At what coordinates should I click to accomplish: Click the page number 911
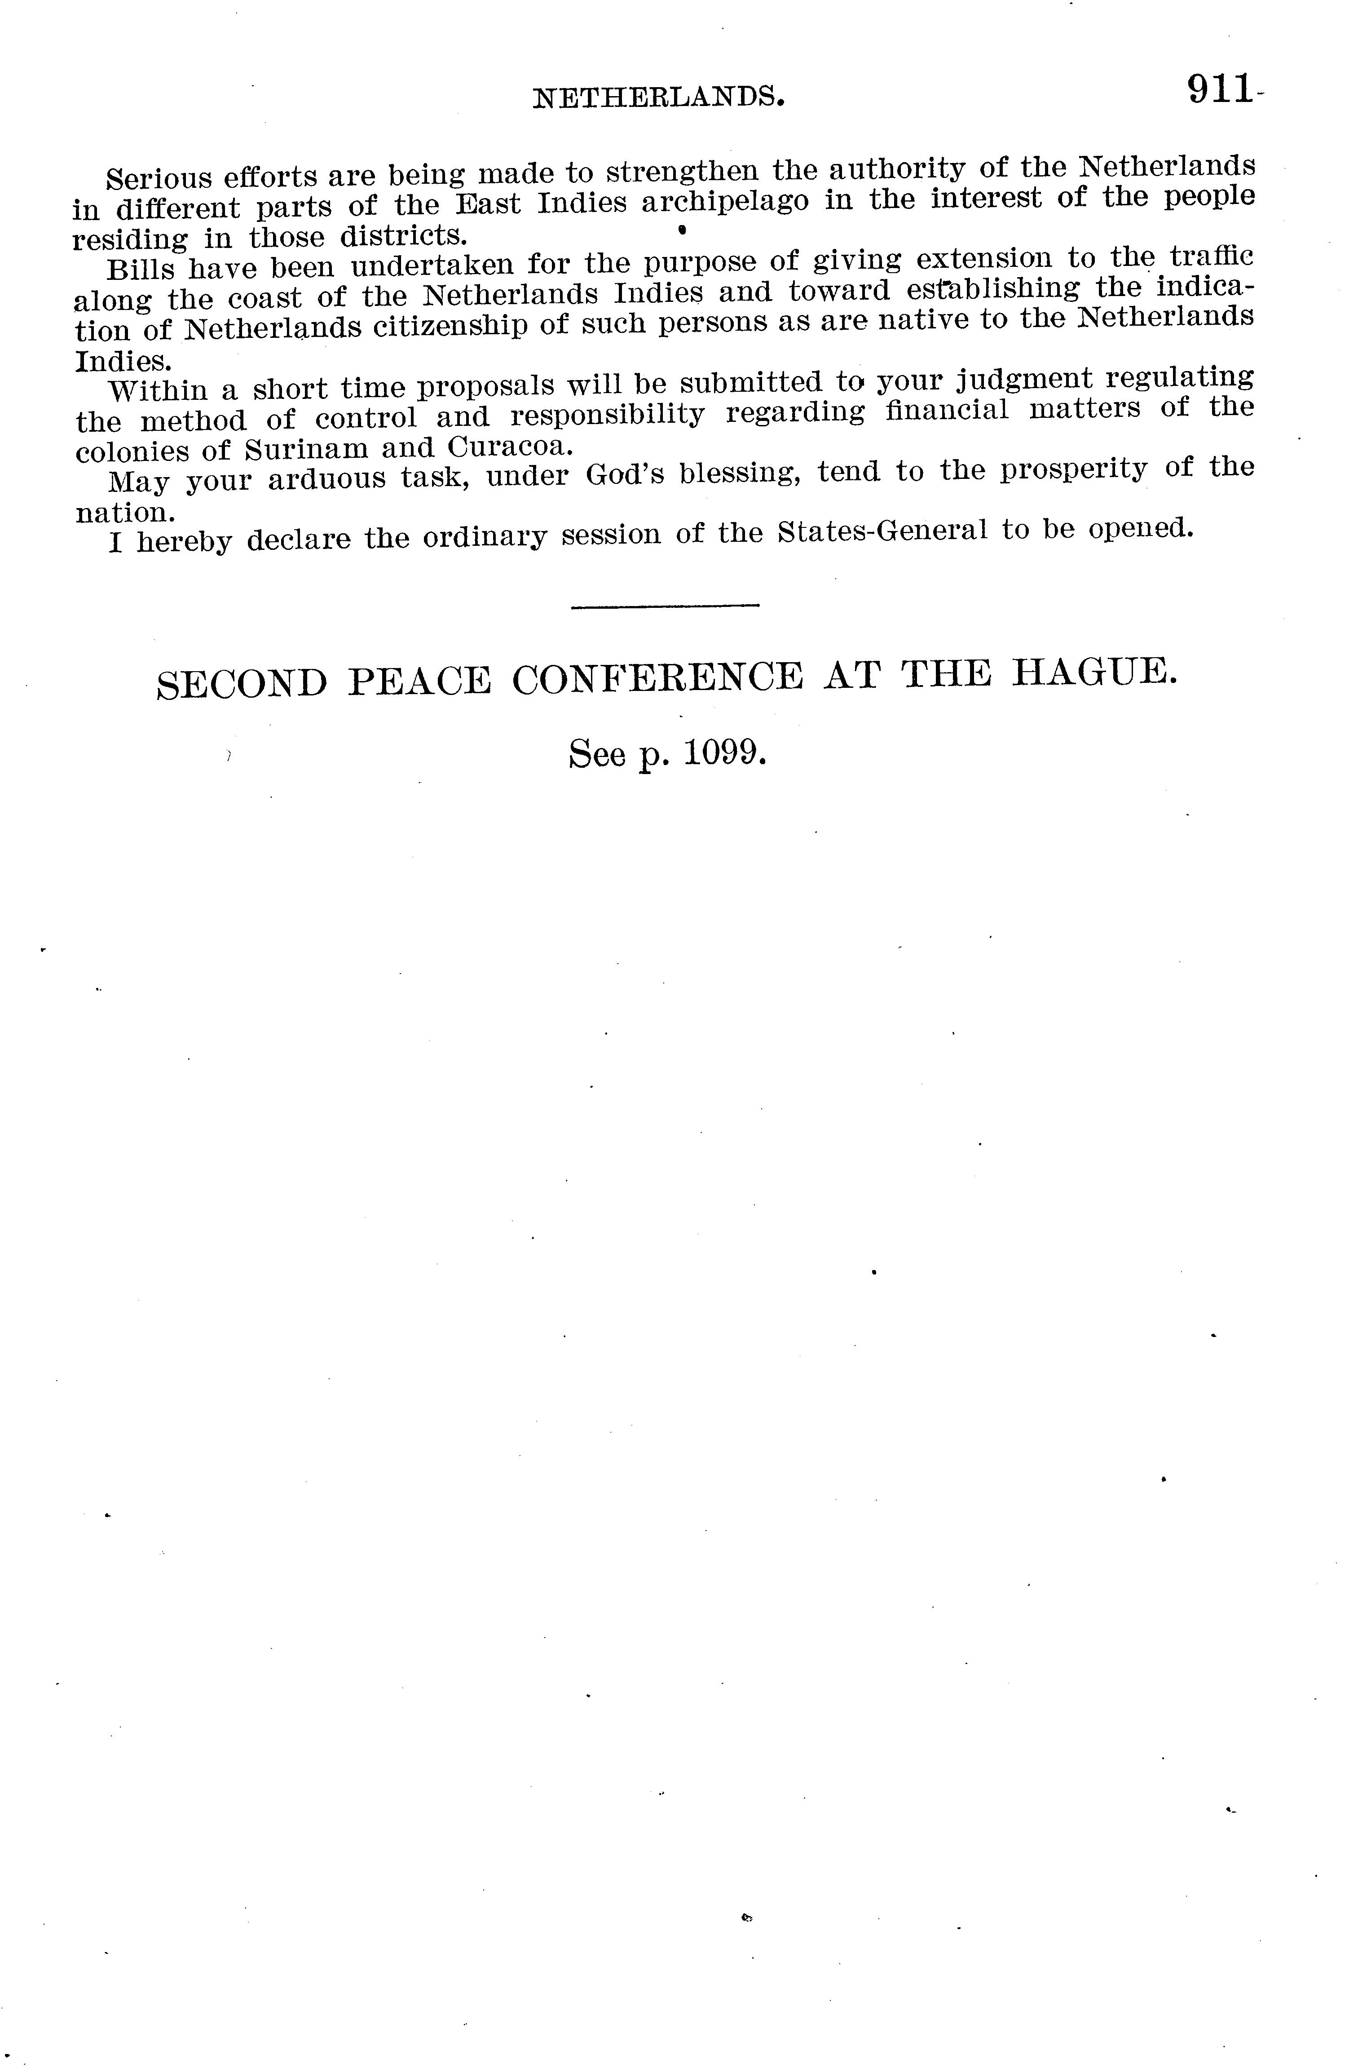click(1219, 89)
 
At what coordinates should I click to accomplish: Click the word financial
click(947, 409)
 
